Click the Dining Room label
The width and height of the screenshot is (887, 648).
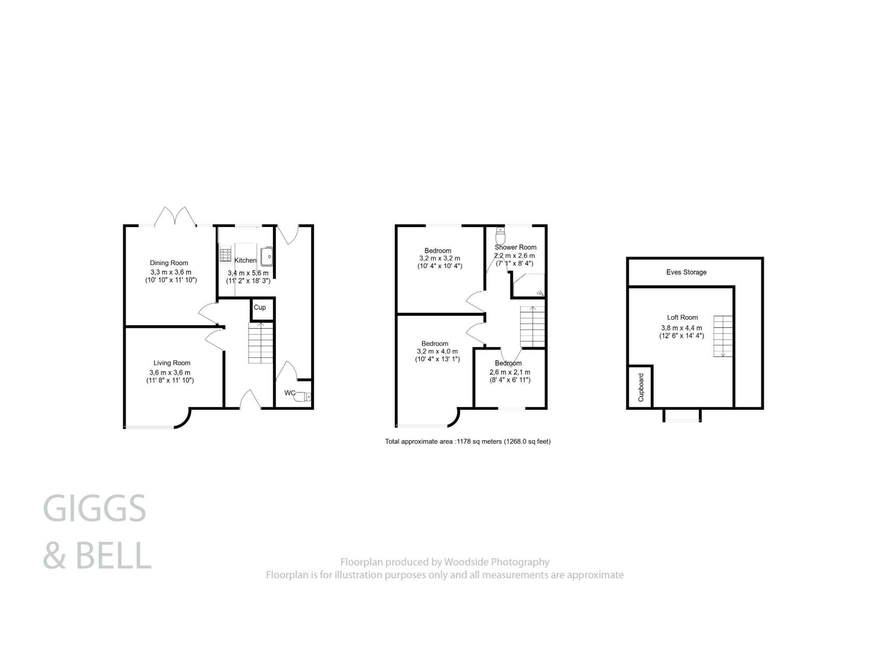pyautogui.click(x=169, y=263)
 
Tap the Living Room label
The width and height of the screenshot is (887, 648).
pyautogui.click(x=172, y=363)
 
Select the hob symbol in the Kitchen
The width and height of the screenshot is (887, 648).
pyautogui.click(x=225, y=254)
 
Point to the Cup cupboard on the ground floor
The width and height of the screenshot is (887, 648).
pyautogui.click(x=260, y=308)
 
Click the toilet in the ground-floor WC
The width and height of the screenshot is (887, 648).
pyautogui.click(x=303, y=396)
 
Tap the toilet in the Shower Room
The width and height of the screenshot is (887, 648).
pyautogui.click(x=500, y=236)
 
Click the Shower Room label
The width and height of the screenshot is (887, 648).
pyautogui.click(x=515, y=247)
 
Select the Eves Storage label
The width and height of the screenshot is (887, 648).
pyautogui.click(x=686, y=272)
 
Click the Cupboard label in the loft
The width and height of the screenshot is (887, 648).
pyautogui.click(x=641, y=387)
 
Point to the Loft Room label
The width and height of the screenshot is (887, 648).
pyautogui.click(x=682, y=318)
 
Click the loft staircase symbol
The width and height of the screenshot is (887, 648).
pyautogui.click(x=723, y=336)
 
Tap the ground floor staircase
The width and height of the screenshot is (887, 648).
pyautogui.click(x=261, y=343)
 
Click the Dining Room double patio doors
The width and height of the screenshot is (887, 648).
pyautogui.click(x=175, y=216)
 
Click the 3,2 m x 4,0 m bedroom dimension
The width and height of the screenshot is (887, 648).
pyautogui.click(x=437, y=351)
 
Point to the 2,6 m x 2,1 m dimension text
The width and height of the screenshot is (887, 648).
pyautogui.click(x=510, y=373)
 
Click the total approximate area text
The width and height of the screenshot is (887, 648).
pyautogui.click(x=468, y=442)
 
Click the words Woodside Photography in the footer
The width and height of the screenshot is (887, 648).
pyautogui.click(x=497, y=562)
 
